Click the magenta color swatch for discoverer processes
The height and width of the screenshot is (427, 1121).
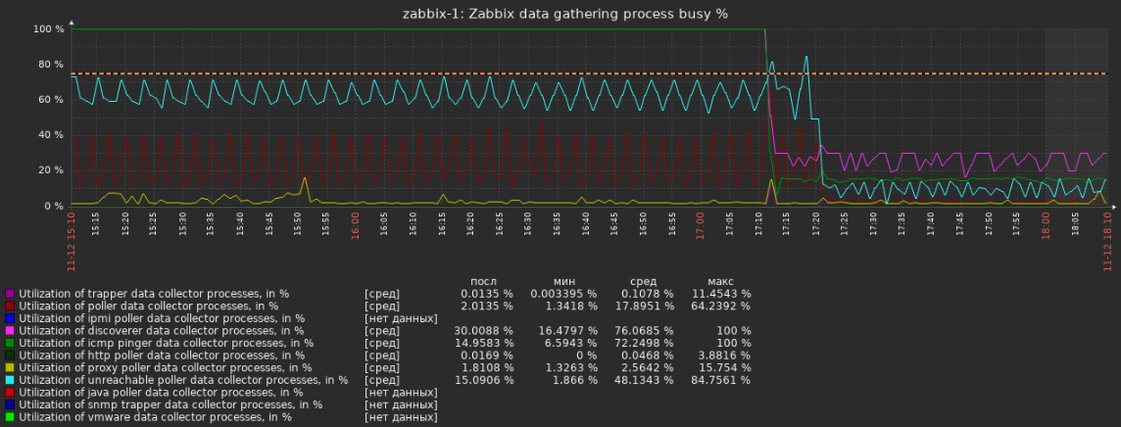click(10, 331)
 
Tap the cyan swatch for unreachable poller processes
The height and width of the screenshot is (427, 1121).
click(10, 380)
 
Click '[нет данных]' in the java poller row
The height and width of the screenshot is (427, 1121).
click(401, 393)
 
